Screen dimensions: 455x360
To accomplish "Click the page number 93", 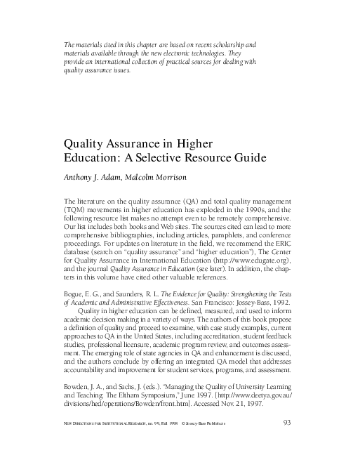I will (286, 421).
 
